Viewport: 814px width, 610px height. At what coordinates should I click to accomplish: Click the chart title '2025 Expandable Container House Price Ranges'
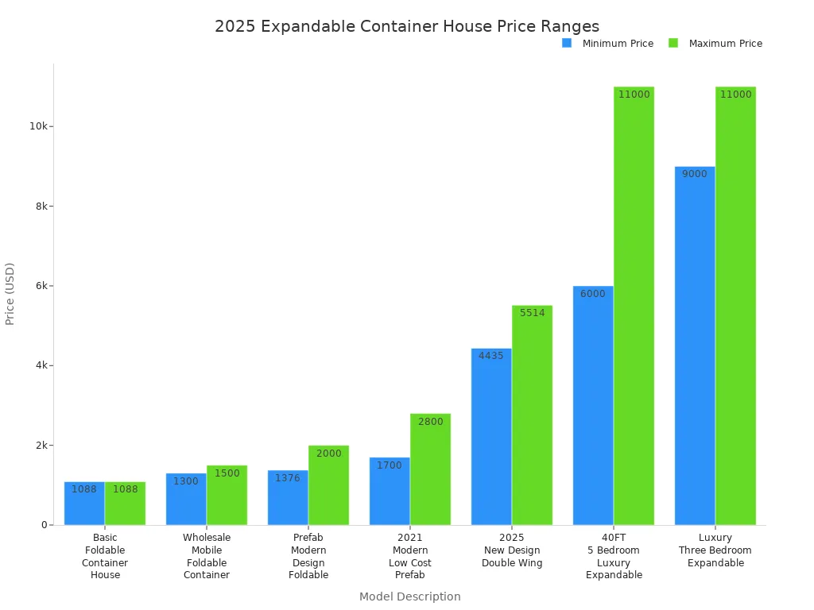pyautogui.click(x=406, y=26)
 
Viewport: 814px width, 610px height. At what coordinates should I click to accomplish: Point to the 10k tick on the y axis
pyautogui.click(x=40, y=126)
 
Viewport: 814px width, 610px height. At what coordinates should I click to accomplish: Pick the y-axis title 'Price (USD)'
pyautogui.click(x=10, y=293)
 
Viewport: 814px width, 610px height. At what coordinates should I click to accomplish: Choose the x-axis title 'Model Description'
pyautogui.click(x=409, y=596)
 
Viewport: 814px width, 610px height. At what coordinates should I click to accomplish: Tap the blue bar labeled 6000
pyautogui.click(x=593, y=405)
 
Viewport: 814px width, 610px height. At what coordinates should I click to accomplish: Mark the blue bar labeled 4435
pyautogui.click(x=491, y=436)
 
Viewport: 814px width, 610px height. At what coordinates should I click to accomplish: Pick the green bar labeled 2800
pyautogui.click(x=430, y=469)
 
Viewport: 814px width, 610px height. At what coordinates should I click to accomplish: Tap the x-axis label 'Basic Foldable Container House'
pyautogui.click(x=105, y=557)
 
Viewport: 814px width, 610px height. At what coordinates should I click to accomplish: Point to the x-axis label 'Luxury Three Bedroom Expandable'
pyautogui.click(x=715, y=550)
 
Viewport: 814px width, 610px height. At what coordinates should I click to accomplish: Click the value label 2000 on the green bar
pyautogui.click(x=328, y=454)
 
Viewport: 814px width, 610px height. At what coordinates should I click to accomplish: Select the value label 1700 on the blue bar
pyautogui.click(x=390, y=465)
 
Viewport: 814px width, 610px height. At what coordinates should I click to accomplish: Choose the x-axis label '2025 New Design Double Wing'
pyautogui.click(x=512, y=550)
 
